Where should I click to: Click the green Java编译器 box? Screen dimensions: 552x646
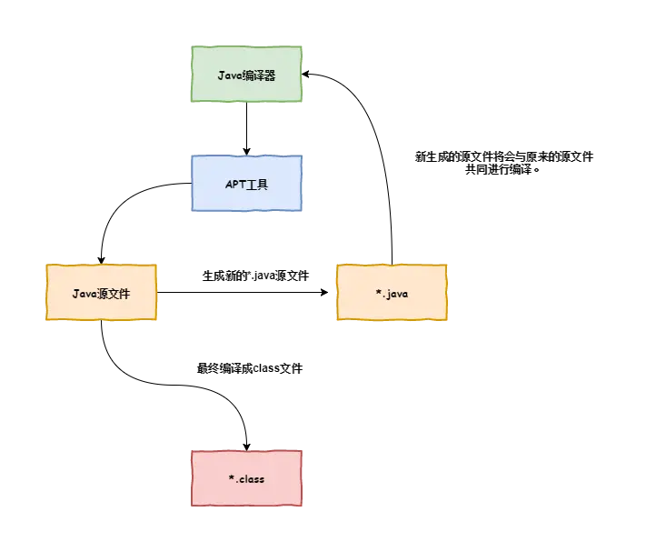click(x=246, y=76)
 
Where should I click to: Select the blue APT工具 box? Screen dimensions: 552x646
click(x=246, y=185)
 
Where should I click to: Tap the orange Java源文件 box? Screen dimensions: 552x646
click(x=101, y=294)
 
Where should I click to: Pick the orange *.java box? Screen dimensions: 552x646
click(x=392, y=294)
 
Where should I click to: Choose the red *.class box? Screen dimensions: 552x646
click(x=246, y=478)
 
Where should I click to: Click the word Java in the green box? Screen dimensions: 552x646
click(x=229, y=76)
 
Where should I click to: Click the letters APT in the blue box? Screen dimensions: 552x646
click(x=234, y=185)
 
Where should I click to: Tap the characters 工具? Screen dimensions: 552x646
click(x=257, y=185)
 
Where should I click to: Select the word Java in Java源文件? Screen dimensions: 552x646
click(x=84, y=294)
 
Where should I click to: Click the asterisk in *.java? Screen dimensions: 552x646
click(x=378, y=293)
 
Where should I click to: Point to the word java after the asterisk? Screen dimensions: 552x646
click(x=397, y=295)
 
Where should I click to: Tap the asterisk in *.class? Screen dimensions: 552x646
click(x=231, y=477)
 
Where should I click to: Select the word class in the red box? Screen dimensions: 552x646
click(x=252, y=478)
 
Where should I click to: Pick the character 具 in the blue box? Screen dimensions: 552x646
click(x=263, y=185)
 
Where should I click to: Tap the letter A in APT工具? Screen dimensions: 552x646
click(x=229, y=185)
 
